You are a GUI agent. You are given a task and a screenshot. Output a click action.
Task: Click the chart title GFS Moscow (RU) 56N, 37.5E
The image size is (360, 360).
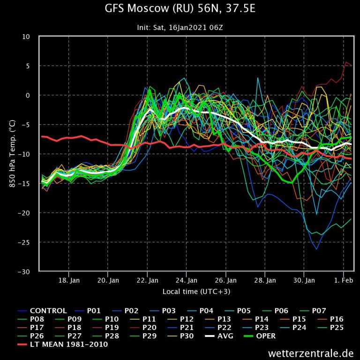(180, 10)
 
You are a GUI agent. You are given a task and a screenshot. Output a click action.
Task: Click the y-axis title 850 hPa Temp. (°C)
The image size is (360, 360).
(13, 154)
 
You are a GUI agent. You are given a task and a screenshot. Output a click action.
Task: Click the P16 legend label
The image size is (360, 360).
(337, 319)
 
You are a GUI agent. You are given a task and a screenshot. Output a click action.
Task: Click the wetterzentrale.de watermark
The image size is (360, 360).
(311, 352)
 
